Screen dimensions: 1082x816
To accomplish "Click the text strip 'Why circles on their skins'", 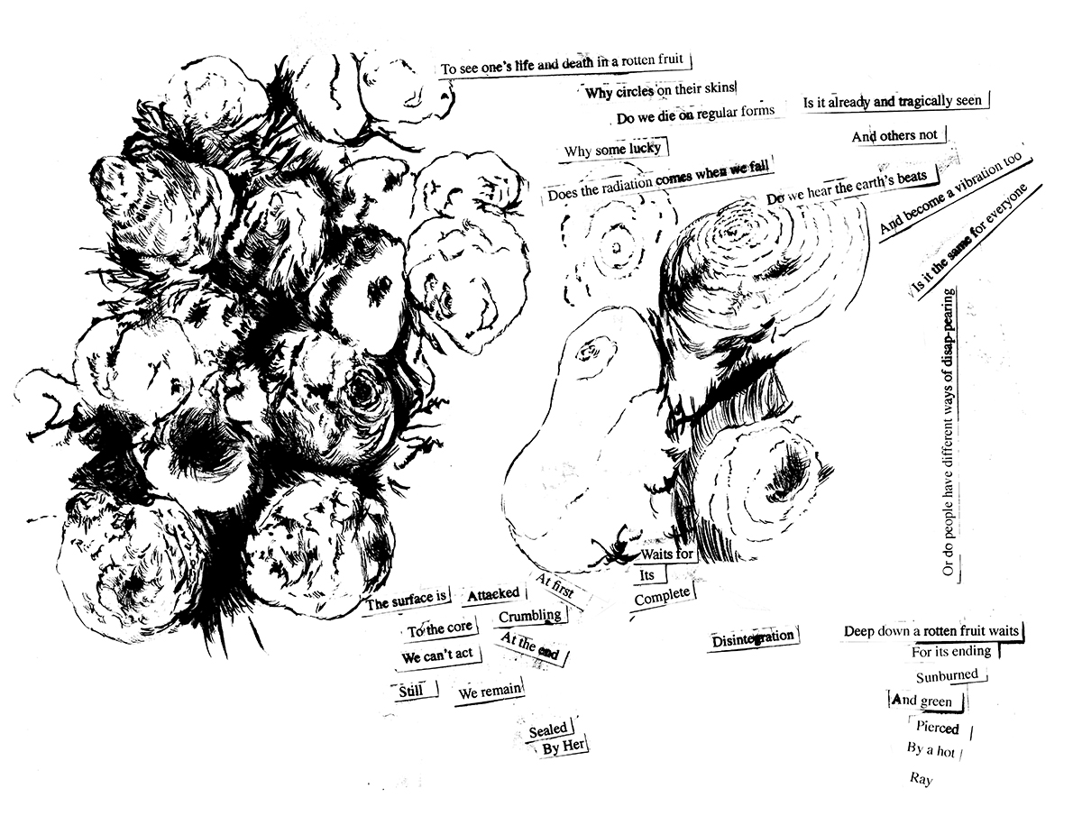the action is click(659, 91).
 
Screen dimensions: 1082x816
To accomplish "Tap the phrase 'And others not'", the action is click(894, 135).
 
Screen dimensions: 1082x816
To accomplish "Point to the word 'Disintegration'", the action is click(752, 639).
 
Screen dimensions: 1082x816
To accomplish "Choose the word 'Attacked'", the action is click(493, 594).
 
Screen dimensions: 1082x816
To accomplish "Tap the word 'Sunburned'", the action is click(947, 676).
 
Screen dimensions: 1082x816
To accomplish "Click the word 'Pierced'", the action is click(937, 728).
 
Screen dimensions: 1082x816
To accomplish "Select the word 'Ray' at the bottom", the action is click(921, 779).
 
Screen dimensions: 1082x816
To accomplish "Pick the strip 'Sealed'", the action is click(547, 729).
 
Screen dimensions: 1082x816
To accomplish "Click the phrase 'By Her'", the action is click(563, 747).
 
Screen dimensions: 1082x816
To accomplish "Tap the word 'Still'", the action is click(410, 691).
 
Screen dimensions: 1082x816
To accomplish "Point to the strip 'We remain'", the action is click(490, 692).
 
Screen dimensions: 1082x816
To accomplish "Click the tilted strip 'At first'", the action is click(555, 586).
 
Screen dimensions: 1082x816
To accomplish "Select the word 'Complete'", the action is click(662, 597).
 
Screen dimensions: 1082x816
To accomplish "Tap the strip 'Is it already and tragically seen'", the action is click(893, 102).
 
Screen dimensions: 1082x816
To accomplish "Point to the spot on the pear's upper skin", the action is click(594, 353).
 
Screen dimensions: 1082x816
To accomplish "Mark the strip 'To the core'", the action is click(440, 628).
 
